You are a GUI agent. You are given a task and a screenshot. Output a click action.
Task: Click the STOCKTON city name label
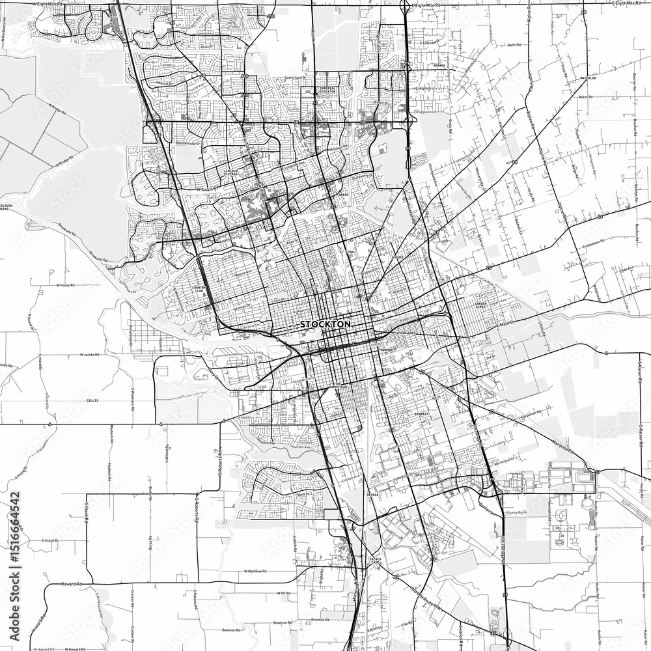pos(325,324)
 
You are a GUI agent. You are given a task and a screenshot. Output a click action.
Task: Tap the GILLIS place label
pos(92,400)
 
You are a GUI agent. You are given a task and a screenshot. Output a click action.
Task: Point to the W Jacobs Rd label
pos(89,355)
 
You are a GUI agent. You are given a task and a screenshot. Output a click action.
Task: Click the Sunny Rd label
pos(518,512)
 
